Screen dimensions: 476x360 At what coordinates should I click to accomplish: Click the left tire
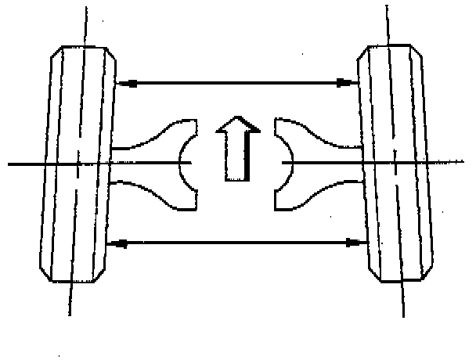point(78,164)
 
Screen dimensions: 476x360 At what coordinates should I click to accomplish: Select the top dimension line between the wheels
point(235,81)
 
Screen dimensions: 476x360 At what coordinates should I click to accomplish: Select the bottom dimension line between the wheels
point(235,244)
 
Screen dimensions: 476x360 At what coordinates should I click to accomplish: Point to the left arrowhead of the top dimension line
point(123,81)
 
